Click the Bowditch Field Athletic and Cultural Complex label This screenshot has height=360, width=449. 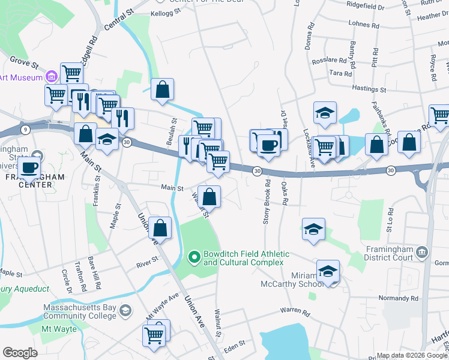coord(246,259)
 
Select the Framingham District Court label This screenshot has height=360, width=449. coord(388,253)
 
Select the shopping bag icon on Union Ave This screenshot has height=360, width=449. coord(160,227)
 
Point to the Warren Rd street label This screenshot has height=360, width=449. coord(294,313)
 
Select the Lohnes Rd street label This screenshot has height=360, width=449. coord(364,25)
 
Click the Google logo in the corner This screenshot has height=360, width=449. coord(20,352)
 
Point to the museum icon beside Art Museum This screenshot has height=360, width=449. coord(51,77)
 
